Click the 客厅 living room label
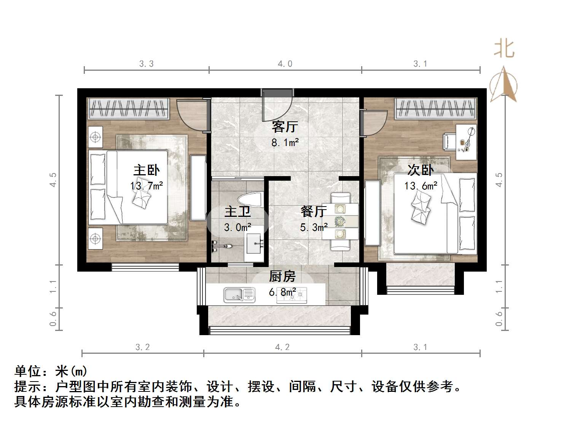(x=285, y=127)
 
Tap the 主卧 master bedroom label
(x=147, y=170)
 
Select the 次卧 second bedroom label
(x=420, y=170)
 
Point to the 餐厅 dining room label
(x=314, y=211)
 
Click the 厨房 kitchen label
(x=282, y=277)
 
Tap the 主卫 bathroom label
(x=237, y=211)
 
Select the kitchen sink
(x=239, y=295)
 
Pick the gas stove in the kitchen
(x=292, y=294)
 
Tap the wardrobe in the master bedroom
(x=128, y=108)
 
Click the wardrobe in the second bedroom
(x=436, y=108)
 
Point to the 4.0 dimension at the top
(x=285, y=64)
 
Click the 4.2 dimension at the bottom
(x=282, y=347)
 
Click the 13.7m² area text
(x=147, y=186)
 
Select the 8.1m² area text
(x=285, y=143)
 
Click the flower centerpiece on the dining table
(x=340, y=221)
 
